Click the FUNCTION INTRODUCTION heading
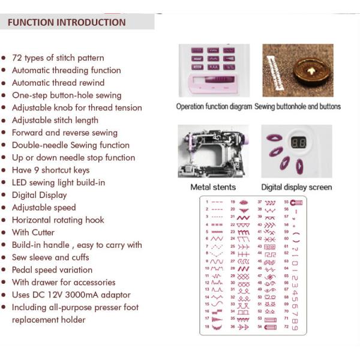(67, 22)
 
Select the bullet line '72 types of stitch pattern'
(58, 58)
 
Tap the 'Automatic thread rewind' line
(58, 83)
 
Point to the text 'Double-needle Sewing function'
(70, 145)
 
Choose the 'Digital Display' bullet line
(39, 195)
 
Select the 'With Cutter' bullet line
(33, 232)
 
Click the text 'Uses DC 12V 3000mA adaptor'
(71, 295)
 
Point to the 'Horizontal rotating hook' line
(58, 220)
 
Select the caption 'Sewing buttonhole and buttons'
(298, 107)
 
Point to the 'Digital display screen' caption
(296, 187)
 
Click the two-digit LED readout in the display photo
(299, 143)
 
